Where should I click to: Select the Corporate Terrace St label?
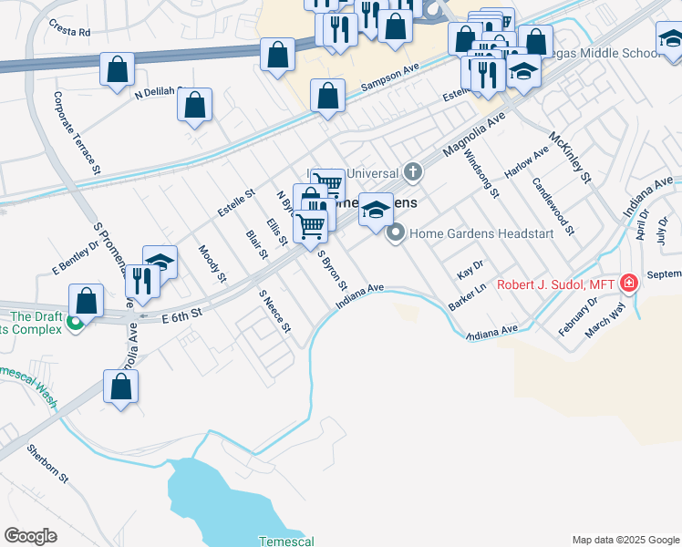point(77,133)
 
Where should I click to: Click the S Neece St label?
point(274,311)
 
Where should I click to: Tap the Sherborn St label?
point(47,463)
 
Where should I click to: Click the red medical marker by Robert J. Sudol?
point(627,284)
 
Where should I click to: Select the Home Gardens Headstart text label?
point(481,233)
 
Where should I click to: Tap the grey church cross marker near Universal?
point(414,171)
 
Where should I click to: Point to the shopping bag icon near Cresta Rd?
point(117,69)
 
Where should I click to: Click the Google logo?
point(30,536)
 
